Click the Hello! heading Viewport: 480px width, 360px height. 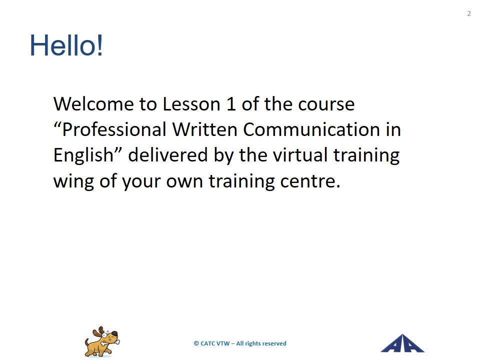[66, 45]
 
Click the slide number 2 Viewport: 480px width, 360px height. [468, 13]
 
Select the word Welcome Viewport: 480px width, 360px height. [93, 104]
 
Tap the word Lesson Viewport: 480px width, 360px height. [191, 104]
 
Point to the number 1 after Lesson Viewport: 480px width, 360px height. [231, 104]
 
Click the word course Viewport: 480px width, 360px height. [326, 104]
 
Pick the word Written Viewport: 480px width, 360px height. [205, 129]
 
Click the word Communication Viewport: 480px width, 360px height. [311, 129]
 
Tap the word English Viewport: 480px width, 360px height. [83, 155]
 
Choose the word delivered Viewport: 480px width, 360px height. [168, 154]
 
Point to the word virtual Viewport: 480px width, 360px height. [300, 154]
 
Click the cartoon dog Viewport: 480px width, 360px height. [102, 341]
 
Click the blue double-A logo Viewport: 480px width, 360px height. [402, 343]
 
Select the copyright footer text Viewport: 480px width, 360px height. [240, 343]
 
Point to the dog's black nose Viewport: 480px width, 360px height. [114, 333]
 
